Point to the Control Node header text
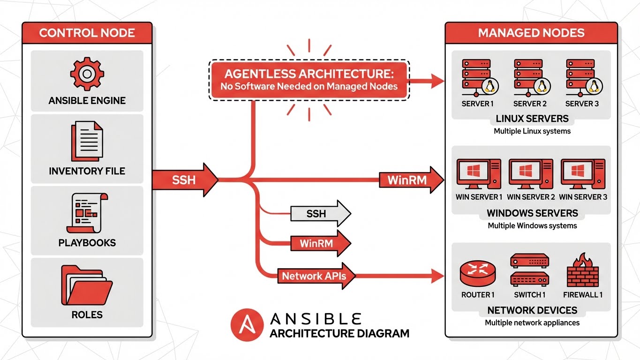(87, 33)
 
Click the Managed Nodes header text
(531, 33)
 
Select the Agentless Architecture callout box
(309, 79)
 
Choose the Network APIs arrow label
(314, 276)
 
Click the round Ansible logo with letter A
(247, 324)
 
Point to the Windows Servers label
(532, 213)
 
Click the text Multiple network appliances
(532, 323)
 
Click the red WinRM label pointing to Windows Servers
(407, 180)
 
